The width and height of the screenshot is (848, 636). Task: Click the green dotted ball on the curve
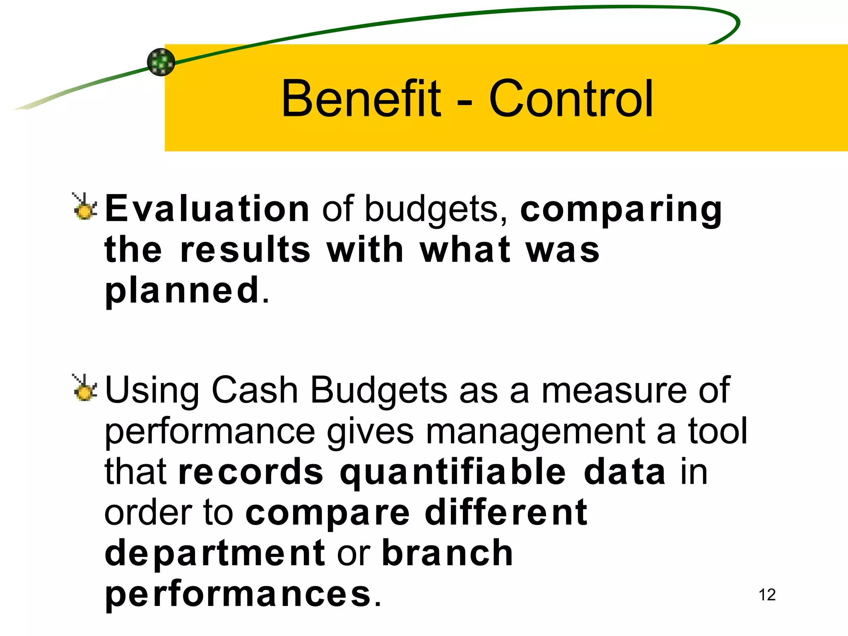[161, 62]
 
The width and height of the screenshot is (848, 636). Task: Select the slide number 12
[767, 595]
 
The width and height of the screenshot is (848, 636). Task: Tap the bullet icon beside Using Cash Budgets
[84, 388]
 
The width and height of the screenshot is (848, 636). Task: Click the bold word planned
[182, 291]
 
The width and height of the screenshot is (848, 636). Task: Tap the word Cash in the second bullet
[255, 390]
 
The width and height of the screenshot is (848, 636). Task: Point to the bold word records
[251, 472]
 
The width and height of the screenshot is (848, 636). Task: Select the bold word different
[506, 512]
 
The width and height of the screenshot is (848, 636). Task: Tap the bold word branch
[447, 553]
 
